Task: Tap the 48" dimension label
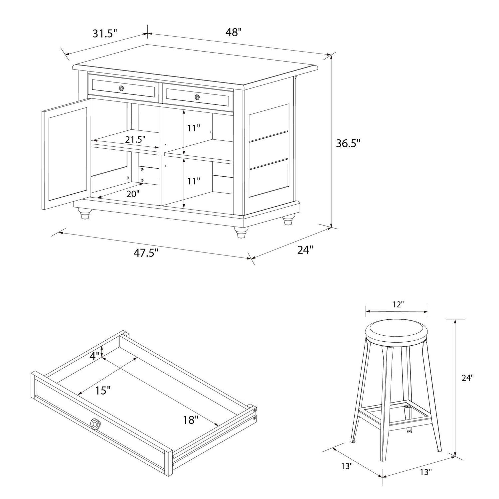(x=233, y=32)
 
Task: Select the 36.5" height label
(x=348, y=143)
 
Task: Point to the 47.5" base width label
(x=146, y=253)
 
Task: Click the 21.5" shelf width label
(x=135, y=140)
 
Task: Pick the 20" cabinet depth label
(x=133, y=194)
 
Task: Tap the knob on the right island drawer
(x=198, y=97)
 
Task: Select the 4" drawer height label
(x=94, y=356)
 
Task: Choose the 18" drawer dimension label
(x=190, y=420)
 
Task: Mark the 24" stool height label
(x=467, y=378)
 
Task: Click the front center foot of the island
(x=240, y=232)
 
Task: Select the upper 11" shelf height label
(x=193, y=128)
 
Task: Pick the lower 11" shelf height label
(x=193, y=181)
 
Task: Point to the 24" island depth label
(x=305, y=249)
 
